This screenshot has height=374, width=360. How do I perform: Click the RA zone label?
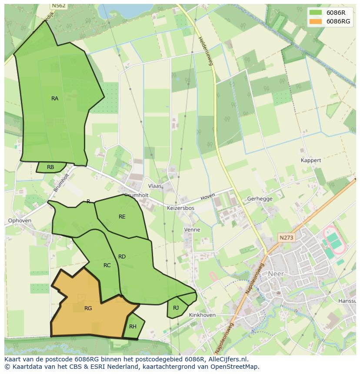pos(55,99)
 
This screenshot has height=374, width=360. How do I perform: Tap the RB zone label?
pos(50,167)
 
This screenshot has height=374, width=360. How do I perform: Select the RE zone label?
pos(122,216)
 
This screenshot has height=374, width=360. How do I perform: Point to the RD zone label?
pos(122,257)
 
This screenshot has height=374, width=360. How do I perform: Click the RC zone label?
pos(107,265)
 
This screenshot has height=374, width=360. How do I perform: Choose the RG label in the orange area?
pos(88,308)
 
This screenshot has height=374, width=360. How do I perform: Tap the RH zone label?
pos(133,327)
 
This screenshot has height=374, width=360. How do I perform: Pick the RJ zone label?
pos(176,308)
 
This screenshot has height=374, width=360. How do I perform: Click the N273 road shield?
pos(287,238)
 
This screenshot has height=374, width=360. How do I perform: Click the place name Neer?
pos(276,274)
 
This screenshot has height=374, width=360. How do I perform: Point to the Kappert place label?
pos(311,160)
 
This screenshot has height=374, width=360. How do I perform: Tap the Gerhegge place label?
pos(260,199)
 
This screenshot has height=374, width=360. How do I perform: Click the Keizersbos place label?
pos(180,208)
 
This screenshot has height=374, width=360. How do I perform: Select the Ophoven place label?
pos(20,221)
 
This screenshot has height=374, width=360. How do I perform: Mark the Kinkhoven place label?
pos(203,315)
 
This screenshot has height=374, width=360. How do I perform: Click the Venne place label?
pos(192,230)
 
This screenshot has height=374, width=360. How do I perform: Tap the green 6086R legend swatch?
pos(316,13)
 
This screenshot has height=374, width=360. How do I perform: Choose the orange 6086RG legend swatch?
pos(316,21)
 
